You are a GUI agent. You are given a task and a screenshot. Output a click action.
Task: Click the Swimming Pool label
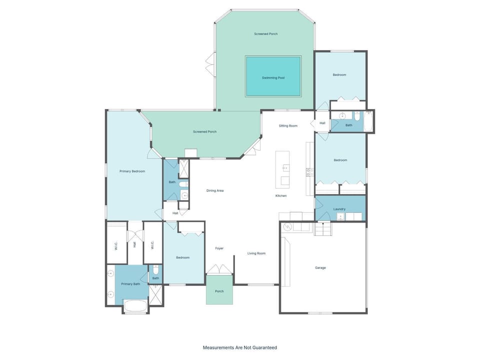pyautogui.click(x=273, y=78)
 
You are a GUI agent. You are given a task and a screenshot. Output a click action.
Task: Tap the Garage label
pyautogui.click(x=320, y=267)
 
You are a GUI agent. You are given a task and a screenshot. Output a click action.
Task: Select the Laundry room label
pyautogui.click(x=339, y=209)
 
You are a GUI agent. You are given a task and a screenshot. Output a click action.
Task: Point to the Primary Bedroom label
pyautogui.click(x=132, y=171)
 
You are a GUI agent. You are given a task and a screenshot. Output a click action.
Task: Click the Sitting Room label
pyautogui.click(x=288, y=126)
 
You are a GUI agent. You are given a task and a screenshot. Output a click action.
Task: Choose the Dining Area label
pyautogui.click(x=215, y=190)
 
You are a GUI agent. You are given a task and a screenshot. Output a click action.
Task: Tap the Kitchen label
pyautogui.click(x=281, y=195)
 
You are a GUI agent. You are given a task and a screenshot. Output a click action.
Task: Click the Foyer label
pyautogui.click(x=219, y=248)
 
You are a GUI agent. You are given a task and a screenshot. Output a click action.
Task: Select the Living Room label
pyautogui.click(x=256, y=253)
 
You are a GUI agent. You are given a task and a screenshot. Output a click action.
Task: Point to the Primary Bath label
pyautogui.click(x=130, y=284)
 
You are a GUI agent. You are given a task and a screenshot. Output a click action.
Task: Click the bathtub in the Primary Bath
pyautogui.click(x=135, y=306)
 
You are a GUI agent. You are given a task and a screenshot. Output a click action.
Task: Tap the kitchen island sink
pyautogui.click(x=286, y=168)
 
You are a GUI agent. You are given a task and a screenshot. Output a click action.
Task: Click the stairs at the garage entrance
pyautogui.click(x=323, y=229)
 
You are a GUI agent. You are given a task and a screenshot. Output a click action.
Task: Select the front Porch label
pyautogui.click(x=219, y=291)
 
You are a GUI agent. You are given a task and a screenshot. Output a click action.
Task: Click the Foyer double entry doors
pyautogui.click(x=219, y=269)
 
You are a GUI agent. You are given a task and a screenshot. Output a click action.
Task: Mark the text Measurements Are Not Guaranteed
pyautogui.click(x=239, y=347)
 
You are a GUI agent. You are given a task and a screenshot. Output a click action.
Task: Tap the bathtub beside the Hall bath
pyautogui.click(x=368, y=121)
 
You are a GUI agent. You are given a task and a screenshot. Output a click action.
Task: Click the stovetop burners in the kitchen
pyautogui.click(x=309, y=172)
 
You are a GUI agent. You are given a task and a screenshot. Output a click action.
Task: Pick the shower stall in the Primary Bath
pyautogui.click(x=156, y=295)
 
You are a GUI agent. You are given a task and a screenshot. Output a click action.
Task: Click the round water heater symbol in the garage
pyautogui.click(x=287, y=227)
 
